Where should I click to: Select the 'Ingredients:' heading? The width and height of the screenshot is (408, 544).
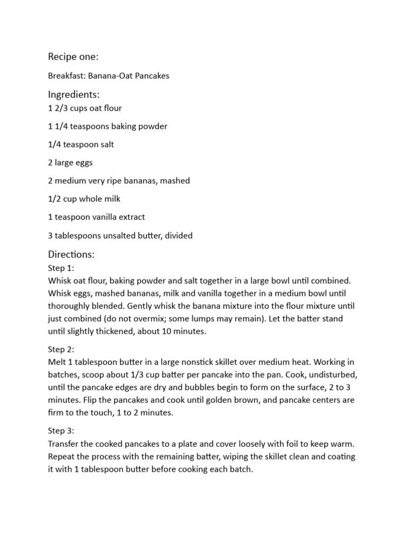[74, 95]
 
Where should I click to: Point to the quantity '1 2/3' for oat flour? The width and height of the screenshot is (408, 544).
[58, 108]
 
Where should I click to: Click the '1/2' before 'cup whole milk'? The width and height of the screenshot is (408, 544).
[54, 199]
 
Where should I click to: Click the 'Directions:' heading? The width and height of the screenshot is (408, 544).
[71, 254]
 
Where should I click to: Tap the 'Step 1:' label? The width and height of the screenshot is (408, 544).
[61, 268]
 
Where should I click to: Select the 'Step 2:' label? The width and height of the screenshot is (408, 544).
[61, 350]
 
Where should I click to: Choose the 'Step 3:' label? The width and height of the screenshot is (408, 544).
[61, 430]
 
